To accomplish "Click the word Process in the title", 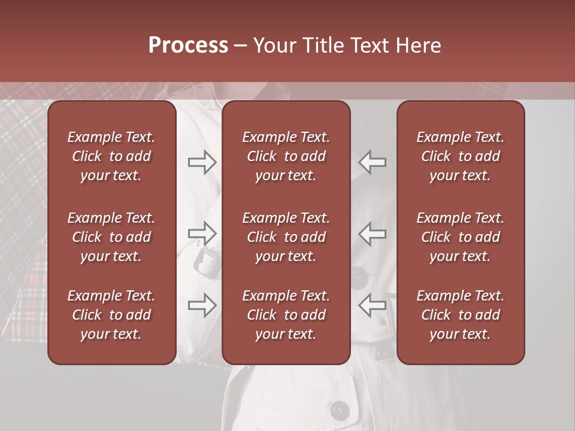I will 188,45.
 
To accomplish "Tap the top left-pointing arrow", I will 372,162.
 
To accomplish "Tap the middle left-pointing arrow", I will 372,233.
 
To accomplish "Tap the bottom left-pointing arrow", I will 372,305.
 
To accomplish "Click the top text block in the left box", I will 111,156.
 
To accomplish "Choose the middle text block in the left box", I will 111,237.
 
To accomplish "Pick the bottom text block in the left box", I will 111,315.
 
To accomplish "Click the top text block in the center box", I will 286,156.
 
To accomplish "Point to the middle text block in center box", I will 286,237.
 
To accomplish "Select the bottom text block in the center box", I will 286,315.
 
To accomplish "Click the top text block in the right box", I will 461,156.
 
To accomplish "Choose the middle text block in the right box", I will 461,237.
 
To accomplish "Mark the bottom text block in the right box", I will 461,315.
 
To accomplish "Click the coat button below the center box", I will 340,410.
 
